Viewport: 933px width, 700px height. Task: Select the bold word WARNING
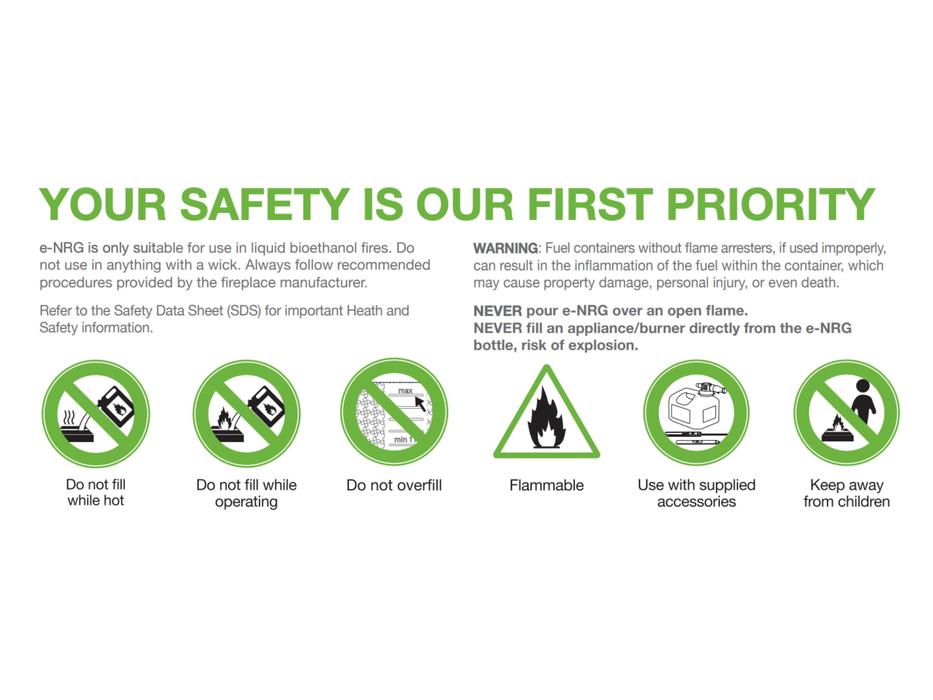point(505,248)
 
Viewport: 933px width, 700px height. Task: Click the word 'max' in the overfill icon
point(405,391)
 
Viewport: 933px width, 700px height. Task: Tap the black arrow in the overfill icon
point(420,404)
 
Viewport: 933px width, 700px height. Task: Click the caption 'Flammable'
point(546,485)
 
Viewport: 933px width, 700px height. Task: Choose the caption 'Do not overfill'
point(394,485)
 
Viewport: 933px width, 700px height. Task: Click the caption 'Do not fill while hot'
point(96,492)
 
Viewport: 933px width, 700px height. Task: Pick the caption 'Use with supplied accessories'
point(696,493)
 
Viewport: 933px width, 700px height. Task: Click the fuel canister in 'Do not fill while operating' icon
point(266,406)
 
